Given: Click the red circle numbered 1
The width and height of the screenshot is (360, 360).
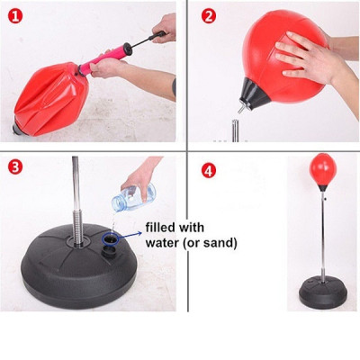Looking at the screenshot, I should [x=13, y=13].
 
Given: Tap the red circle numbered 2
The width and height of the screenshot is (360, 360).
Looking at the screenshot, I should [x=208, y=15].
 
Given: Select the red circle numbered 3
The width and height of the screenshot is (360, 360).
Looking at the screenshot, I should [x=13, y=167].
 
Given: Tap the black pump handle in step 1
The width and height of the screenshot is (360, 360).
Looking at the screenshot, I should [x=160, y=37].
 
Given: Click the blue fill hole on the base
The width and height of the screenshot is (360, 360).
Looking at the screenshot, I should [x=112, y=239].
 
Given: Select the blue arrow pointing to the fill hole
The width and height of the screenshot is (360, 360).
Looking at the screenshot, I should [x=132, y=232].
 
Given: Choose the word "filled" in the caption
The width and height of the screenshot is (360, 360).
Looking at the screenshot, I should [x=161, y=227].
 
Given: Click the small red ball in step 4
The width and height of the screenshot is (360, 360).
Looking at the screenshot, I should [x=321, y=167].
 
